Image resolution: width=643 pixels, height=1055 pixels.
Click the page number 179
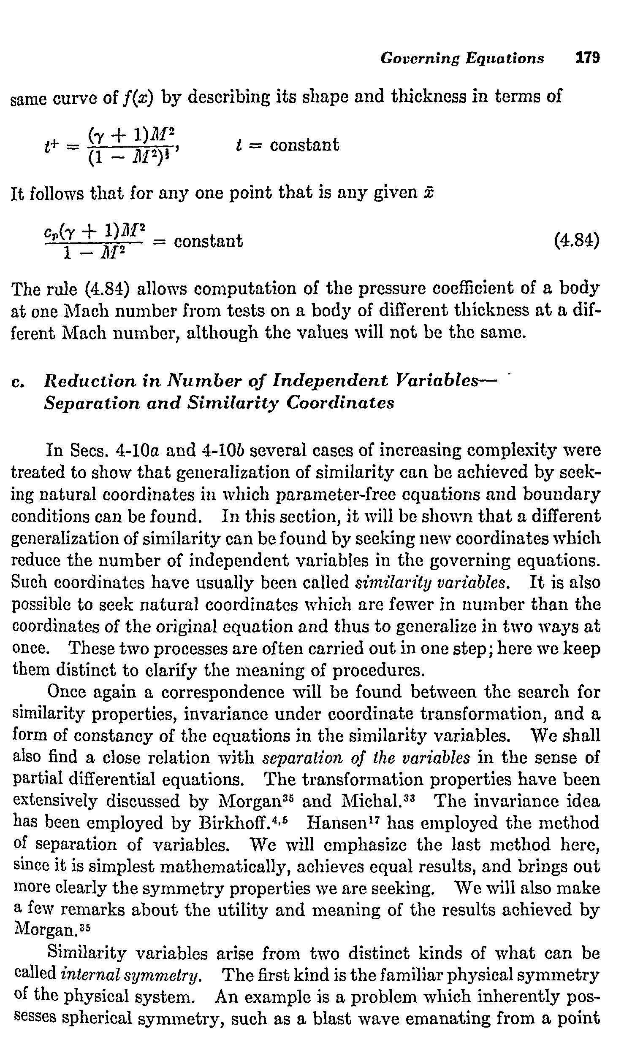587,57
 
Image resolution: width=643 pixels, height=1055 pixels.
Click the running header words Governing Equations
462,58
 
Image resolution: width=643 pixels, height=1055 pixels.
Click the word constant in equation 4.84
208,242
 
